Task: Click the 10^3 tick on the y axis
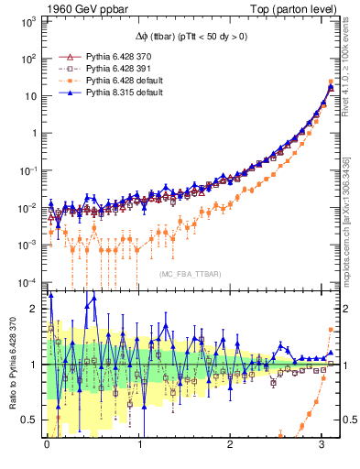[28, 20]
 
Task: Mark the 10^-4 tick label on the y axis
[28, 280]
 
